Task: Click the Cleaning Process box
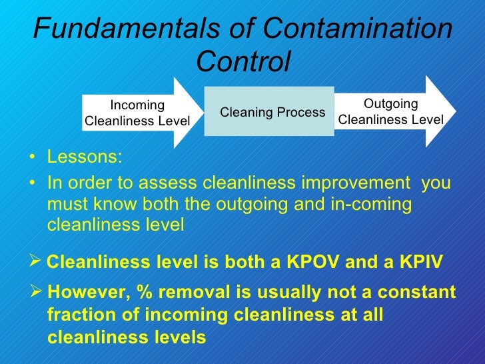272,112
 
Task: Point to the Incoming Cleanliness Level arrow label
137,113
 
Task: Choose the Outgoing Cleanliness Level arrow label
391,111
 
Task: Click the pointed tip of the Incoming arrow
203,112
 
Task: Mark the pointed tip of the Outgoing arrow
456,111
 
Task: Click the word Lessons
85,157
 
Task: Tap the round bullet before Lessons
33,159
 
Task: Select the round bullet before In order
33,184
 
